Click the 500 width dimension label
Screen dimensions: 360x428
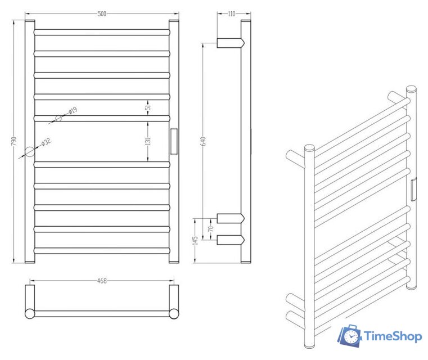[102, 13]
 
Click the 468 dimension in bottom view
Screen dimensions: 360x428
[102, 280]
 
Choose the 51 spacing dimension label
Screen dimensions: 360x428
[148, 107]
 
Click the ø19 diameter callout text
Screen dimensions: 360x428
[73, 111]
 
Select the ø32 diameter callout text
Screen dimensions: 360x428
[47, 142]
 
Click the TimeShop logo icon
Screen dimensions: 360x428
[349, 336]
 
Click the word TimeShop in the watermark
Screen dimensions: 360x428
[393, 336]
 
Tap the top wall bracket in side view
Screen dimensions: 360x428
[229, 43]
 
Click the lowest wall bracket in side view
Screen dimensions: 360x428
[229, 240]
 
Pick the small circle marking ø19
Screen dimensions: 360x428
[58, 118]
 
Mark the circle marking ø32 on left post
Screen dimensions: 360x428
[29, 151]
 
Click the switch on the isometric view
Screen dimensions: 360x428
[413, 189]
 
